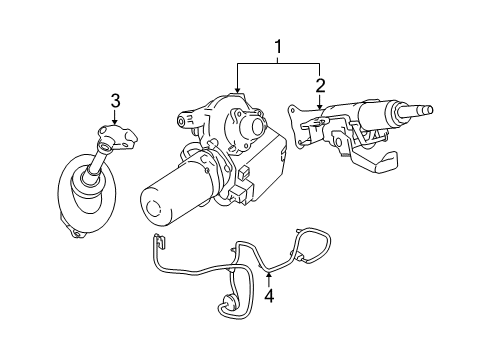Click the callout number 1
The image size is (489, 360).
279,47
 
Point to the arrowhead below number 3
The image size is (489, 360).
115,121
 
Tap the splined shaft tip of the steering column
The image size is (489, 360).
427,110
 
